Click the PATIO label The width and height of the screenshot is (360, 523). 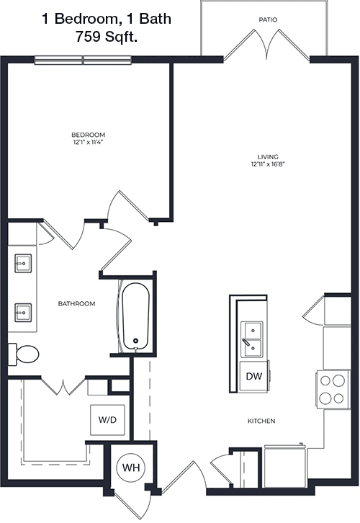tap(268, 20)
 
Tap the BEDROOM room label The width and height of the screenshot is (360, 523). tap(89, 135)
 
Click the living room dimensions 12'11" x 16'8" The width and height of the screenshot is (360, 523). tap(268, 164)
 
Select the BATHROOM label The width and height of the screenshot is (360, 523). tap(76, 303)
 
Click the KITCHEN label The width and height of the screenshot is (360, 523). tap(261, 421)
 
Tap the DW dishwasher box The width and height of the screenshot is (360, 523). tap(254, 376)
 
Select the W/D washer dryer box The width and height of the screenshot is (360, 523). tap(108, 420)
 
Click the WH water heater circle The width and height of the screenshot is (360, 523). tap(130, 468)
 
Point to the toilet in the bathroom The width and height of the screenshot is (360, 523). tap(23, 354)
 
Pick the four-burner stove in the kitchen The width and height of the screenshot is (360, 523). tap(333, 389)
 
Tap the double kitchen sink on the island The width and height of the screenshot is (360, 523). tap(252, 339)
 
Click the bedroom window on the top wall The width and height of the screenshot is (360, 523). tap(83, 60)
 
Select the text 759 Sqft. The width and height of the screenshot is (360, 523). tap(107, 36)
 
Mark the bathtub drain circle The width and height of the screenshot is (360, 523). tap(135, 341)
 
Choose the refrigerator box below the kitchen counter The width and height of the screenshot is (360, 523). tap(285, 466)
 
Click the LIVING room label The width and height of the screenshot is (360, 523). tap(268, 157)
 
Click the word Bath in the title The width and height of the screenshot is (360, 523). tap(155, 19)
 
